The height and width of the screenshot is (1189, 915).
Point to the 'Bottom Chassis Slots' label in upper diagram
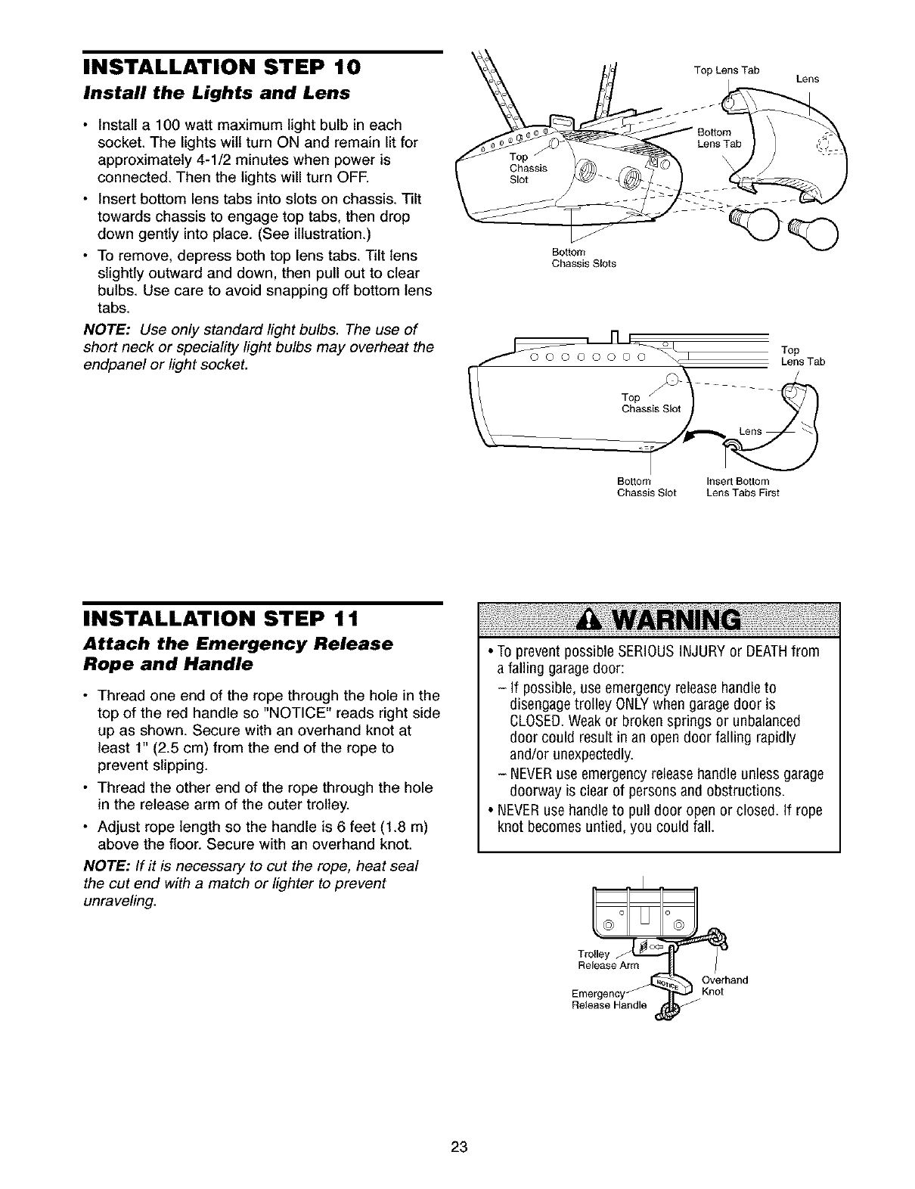pyautogui.click(x=583, y=259)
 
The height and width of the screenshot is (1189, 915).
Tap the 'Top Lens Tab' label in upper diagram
pyautogui.click(x=725, y=70)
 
